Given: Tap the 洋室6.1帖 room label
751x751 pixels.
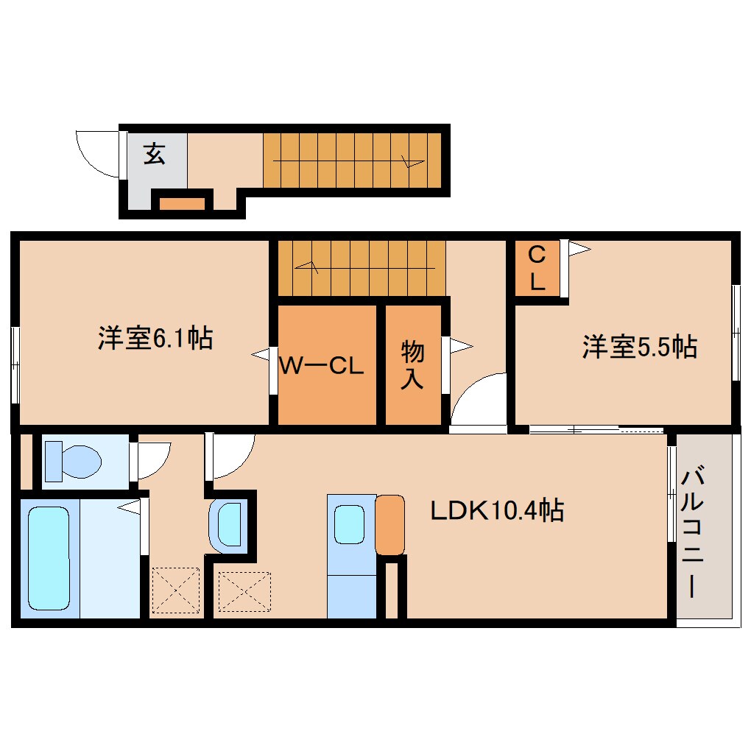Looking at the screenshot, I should (x=155, y=339).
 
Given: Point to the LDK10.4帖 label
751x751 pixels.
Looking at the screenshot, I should (x=498, y=510).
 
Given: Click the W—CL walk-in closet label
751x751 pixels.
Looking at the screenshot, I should (x=321, y=367).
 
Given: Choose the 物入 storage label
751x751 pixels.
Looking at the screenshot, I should (x=412, y=366).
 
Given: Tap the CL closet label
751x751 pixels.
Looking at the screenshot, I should (x=537, y=269).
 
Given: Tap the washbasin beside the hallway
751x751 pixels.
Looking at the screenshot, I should (x=229, y=523).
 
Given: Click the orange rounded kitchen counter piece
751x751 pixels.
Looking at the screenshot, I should (x=389, y=525).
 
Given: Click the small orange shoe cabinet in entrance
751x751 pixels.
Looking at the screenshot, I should (x=183, y=202).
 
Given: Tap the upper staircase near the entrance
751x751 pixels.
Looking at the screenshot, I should (x=352, y=159).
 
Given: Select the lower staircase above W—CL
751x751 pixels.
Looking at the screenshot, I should (x=361, y=268).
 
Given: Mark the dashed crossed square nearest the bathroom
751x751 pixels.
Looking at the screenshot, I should (x=175, y=590).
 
